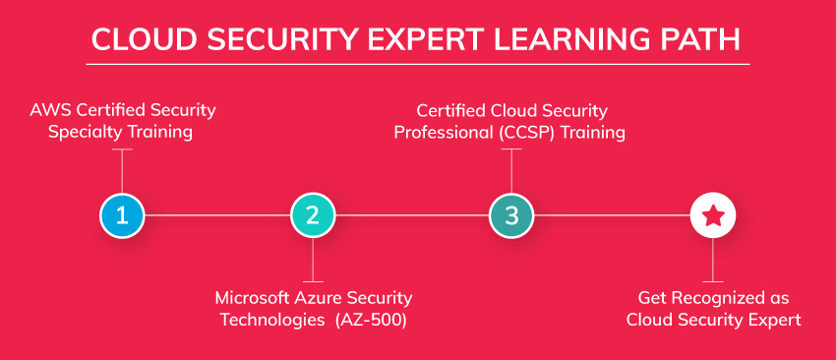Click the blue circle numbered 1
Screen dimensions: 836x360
122,215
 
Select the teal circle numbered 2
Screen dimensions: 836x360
313,215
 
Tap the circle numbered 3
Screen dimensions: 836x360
511,215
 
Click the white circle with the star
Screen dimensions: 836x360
713,215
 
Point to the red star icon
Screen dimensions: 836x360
713,215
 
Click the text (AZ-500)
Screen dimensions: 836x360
371,320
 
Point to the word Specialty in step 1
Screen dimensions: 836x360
84,132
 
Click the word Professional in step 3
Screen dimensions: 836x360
445,132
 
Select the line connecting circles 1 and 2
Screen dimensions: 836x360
217,215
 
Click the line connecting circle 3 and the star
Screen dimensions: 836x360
612,215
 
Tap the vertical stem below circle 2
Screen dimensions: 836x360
313,260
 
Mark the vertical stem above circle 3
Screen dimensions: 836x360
511,171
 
